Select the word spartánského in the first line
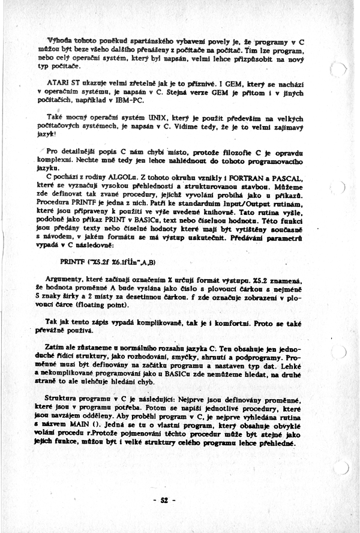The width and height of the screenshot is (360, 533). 131,41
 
